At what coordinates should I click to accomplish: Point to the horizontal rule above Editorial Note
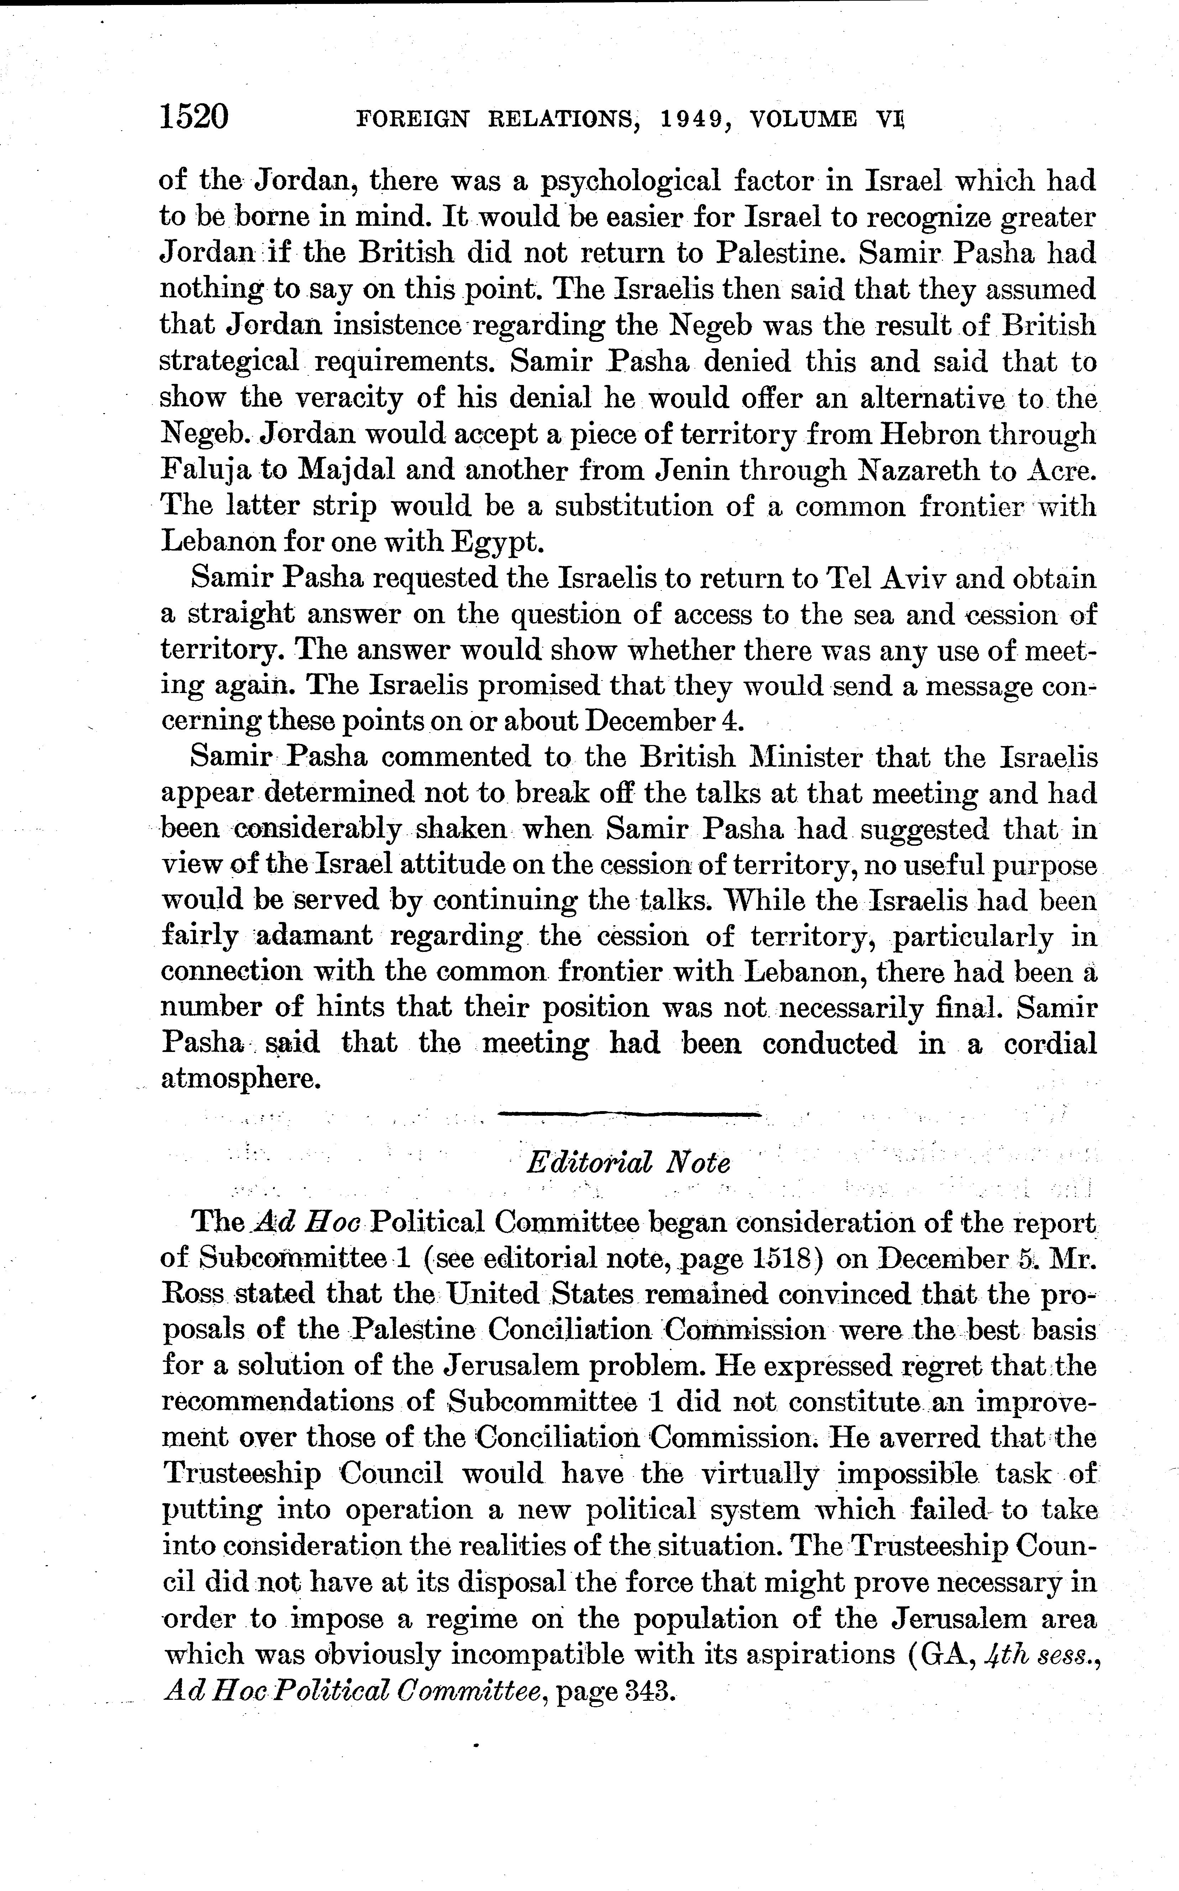click(x=629, y=1114)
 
